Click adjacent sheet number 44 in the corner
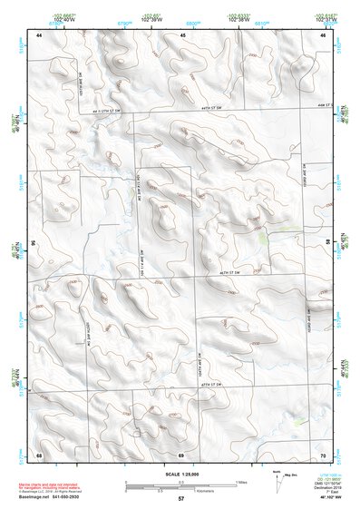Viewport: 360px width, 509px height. click(39, 34)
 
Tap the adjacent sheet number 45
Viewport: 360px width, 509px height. click(181, 34)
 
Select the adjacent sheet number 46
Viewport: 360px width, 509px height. click(323, 34)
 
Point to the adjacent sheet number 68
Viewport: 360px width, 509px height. click(39, 454)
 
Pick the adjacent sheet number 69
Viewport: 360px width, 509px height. click(181, 454)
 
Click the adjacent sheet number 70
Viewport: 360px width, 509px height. click(323, 454)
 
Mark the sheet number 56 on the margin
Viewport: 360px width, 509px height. click(34, 243)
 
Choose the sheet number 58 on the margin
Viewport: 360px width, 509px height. click(328, 243)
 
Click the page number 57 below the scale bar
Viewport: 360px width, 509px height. click(180, 499)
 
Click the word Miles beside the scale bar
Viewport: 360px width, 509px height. click(241, 481)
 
